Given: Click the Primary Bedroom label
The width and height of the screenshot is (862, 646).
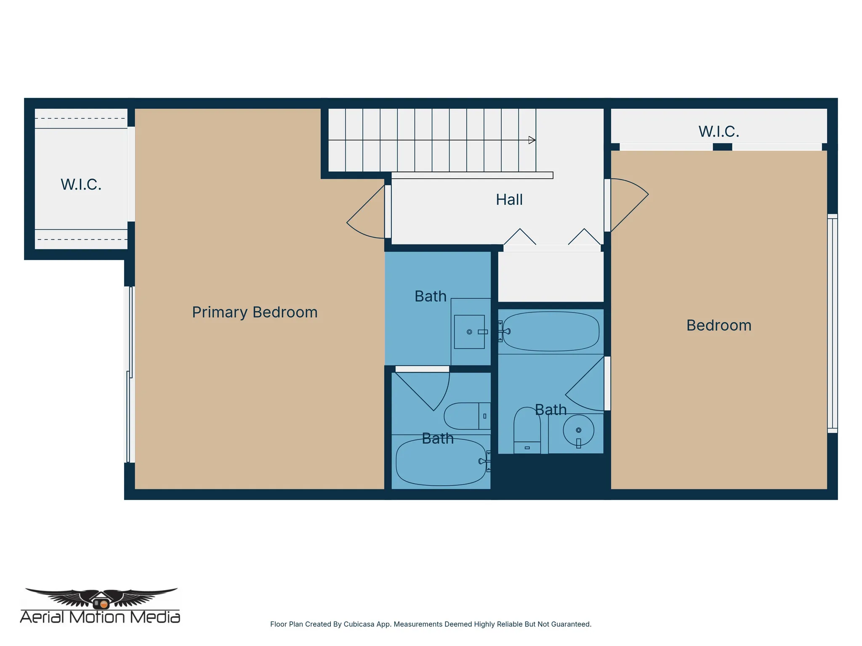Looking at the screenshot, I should click(255, 312).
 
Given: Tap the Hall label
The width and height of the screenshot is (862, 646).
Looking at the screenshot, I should click(509, 200).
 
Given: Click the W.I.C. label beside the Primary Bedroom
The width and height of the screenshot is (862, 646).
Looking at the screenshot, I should click(81, 185).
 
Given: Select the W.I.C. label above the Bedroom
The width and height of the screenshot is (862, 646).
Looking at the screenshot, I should click(718, 132).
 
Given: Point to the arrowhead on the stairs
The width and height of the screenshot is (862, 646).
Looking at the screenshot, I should click(532, 140).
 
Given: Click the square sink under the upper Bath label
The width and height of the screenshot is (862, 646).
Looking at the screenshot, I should click(469, 332).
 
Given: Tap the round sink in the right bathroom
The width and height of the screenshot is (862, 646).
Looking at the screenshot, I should click(578, 430).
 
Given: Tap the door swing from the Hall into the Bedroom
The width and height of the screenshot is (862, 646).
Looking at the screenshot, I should click(631, 202).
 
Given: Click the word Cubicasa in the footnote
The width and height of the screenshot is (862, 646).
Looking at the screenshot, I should click(359, 624).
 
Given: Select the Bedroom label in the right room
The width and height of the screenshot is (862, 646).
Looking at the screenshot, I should click(718, 326).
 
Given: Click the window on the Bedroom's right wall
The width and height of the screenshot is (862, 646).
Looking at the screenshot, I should click(832, 324).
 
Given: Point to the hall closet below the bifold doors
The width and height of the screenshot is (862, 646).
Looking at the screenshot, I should click(551, 277).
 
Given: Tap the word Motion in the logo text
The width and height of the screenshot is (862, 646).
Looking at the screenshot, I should click(97, 617).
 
